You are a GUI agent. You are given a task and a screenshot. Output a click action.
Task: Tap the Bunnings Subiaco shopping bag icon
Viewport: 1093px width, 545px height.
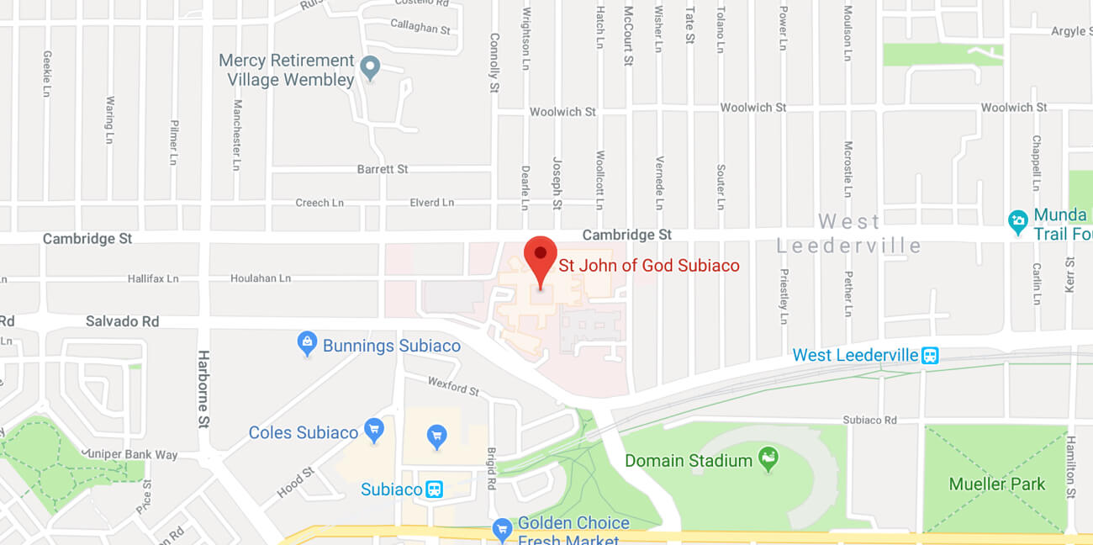pos(307,342)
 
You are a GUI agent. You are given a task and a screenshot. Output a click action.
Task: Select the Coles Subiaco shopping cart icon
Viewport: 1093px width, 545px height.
pos(374,430)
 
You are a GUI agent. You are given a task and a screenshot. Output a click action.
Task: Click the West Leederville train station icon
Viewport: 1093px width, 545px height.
pos(929,355)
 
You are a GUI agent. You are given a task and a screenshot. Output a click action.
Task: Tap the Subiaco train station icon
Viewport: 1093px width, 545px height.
pos(434,489)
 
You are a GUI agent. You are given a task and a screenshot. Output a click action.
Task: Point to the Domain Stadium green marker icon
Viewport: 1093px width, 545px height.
pos(768,459)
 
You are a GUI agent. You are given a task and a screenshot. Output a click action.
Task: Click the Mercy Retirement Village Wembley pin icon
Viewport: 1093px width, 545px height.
pos(370,67)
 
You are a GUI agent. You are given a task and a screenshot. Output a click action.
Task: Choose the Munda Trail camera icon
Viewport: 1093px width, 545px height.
pos(1018,222)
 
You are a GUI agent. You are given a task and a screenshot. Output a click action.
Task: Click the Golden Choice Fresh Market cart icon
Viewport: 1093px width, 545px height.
pos(502,529)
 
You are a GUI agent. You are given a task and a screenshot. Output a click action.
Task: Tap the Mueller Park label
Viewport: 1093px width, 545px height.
pos(996,484)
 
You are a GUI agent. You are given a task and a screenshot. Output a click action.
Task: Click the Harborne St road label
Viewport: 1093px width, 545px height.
pos(203,389)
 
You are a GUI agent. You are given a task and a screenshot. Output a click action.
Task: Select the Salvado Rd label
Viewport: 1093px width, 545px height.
pos(122,321)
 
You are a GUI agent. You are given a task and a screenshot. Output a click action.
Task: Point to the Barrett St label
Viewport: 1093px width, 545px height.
pos(383,169)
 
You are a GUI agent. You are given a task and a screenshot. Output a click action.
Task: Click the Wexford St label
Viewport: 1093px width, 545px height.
pos(453,387)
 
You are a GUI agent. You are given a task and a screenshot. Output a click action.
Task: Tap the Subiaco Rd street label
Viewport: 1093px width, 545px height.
pos(869,420)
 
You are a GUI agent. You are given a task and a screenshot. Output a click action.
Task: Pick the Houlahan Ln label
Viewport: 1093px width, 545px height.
pos(261,278)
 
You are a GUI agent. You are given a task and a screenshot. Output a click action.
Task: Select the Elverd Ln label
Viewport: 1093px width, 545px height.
pos(431,203)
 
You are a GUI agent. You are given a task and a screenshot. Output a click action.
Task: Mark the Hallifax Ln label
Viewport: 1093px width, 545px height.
pos(153,278)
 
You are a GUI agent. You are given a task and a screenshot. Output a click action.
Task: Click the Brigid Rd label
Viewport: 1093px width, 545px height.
pos(492,468)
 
